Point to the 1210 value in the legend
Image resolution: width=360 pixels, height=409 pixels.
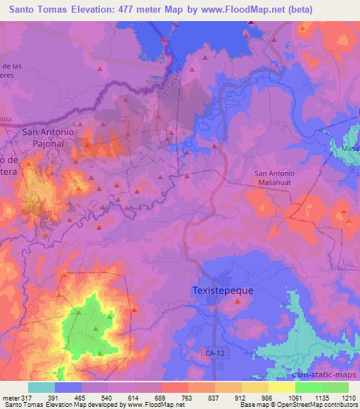[348, 398]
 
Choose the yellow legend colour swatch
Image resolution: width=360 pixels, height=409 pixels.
[282, 387]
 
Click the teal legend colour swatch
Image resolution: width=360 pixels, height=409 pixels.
[41, 387]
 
